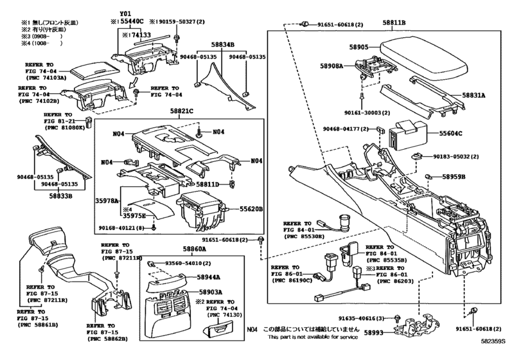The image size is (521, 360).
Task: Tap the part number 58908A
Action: tap(332, 65)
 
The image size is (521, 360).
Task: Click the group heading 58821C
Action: tap(182, 111)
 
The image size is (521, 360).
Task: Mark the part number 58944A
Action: tap(208, 277)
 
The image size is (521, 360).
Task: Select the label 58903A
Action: tap(208, 291)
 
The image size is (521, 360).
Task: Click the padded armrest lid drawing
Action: tap(420, 55)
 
